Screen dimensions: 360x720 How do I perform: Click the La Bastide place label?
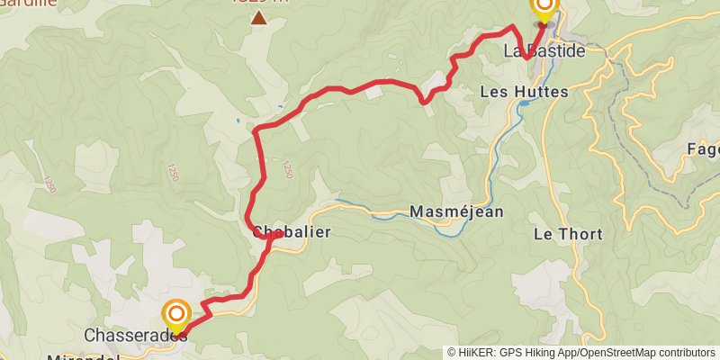pos(544,51)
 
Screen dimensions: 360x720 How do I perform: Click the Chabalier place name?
pos(292,232)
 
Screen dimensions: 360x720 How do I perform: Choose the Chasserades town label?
pos(135,336)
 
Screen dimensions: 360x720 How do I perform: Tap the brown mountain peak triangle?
pos(258,18)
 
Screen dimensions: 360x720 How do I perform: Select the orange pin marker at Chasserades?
pos(176,315)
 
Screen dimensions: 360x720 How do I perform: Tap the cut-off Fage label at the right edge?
pos(702,149)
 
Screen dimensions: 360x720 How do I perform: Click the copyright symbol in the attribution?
pos(452,353)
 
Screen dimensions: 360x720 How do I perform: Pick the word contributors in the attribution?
pos(686,353)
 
